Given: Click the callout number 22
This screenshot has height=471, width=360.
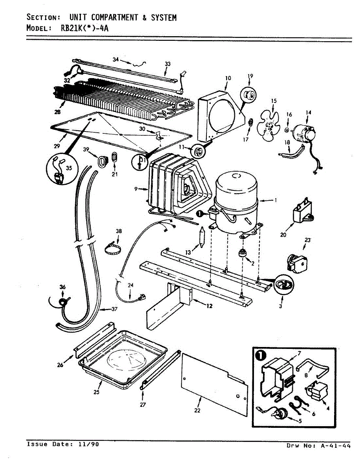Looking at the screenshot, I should click(x=197, y=411).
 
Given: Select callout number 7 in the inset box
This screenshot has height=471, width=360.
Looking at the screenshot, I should click(x=299, y=353).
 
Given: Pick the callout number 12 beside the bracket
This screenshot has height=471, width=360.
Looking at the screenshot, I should click(x=209, y=306).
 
